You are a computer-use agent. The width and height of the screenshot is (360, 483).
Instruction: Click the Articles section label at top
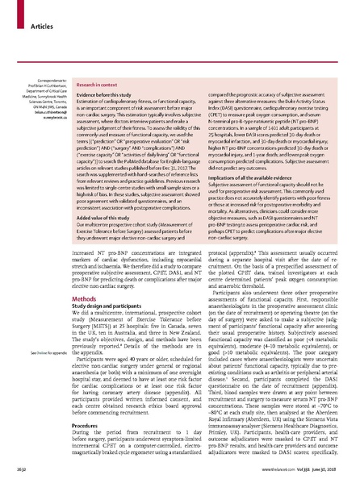[31, 15]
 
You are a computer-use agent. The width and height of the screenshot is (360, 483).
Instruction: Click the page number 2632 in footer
[15, 467]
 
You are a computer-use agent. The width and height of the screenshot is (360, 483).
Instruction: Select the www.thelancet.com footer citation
[316, 467]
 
